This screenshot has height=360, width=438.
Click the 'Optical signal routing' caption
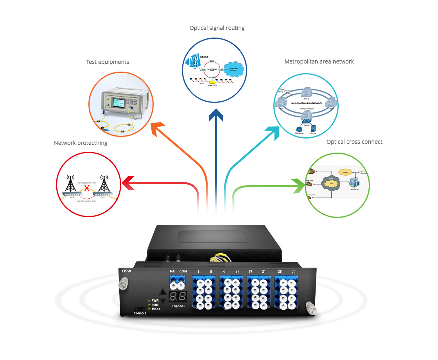point(217,28)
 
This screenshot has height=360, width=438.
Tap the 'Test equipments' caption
point(107,62)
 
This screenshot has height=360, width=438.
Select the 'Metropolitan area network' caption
point(319,61)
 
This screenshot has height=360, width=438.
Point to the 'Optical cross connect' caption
point(354,142)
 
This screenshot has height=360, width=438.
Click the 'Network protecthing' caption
point(81,143)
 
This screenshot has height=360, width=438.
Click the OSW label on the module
point(126,271)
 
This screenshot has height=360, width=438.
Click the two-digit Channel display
point(178,296)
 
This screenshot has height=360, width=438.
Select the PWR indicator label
point(155,300)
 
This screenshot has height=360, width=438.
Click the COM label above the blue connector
point(183,271)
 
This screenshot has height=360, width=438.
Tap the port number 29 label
point(293,272)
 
